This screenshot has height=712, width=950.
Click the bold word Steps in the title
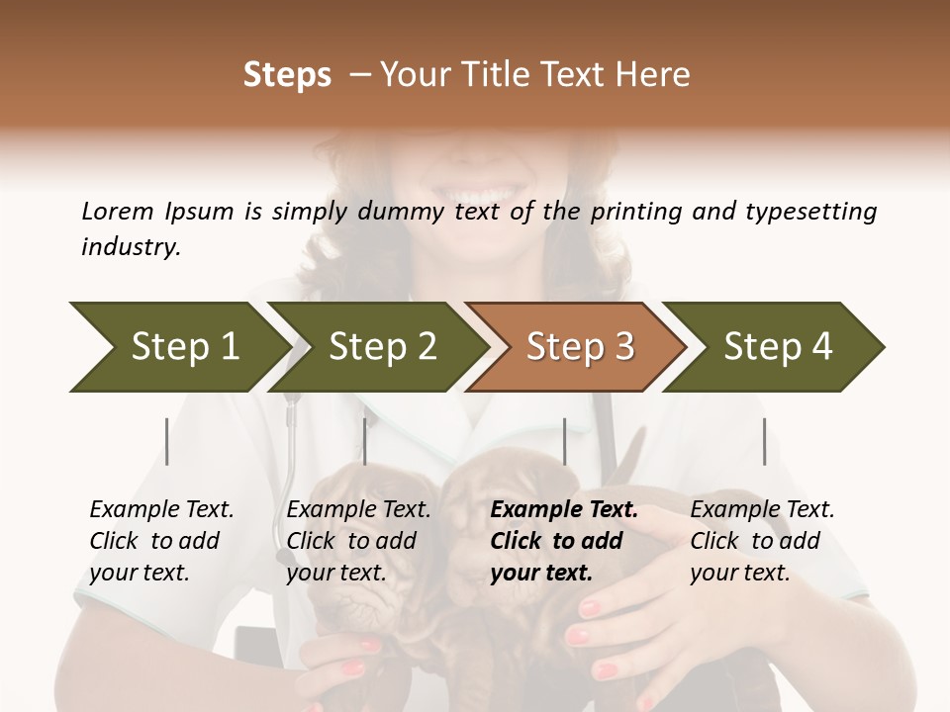[x=287, y=75]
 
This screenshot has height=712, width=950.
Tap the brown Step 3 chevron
[x=580, y=347]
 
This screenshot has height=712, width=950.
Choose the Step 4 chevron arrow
[x=778, y=347]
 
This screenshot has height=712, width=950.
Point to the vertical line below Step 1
[x=167, y=441]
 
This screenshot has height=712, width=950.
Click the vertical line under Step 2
[x=365, y=441]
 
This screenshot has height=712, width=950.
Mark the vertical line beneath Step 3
[x=564, y=441]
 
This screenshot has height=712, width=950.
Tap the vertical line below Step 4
[x=764, y=441]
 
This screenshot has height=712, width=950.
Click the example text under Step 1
[x=161, y=541]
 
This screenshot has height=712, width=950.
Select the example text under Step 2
[x=358, y=541]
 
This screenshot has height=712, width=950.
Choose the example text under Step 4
[x=762, y=541]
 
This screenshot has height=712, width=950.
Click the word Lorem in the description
[x=118, y=211]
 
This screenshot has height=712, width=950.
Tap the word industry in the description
[x=131, y=247]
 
